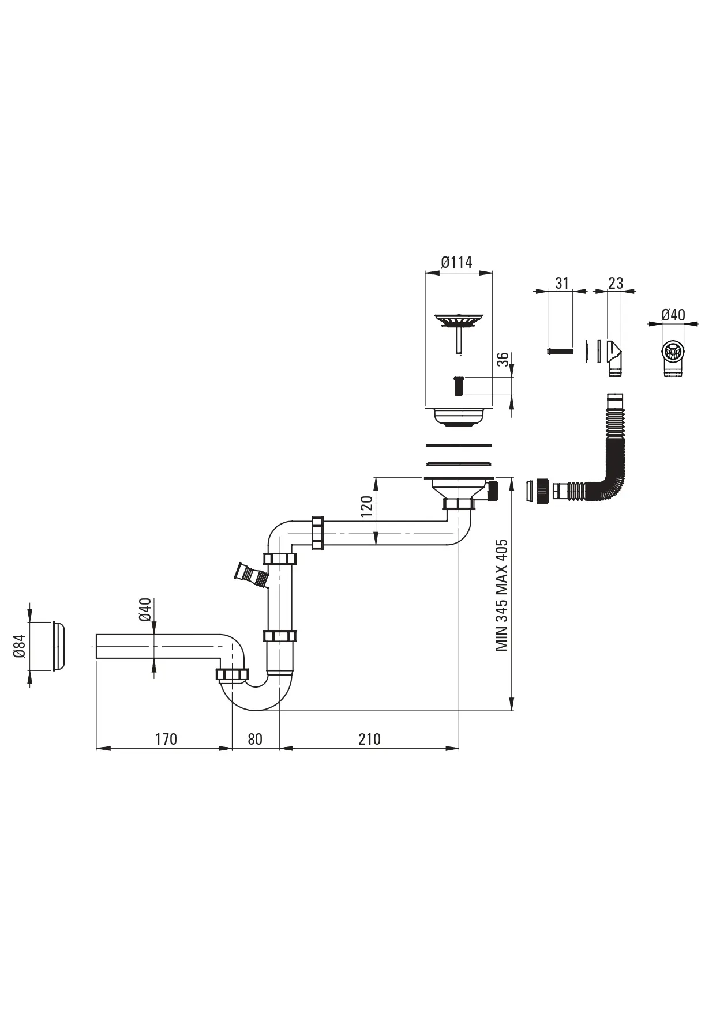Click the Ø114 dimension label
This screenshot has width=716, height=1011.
456,263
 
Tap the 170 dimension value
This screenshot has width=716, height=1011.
166,739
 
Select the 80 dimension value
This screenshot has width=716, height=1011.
255,739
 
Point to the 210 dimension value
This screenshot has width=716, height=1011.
369,739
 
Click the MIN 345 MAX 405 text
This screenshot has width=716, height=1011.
502,595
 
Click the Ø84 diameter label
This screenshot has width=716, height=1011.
20,646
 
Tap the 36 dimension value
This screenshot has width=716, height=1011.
504,360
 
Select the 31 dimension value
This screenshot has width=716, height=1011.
562,283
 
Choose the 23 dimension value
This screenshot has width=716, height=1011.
616,283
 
